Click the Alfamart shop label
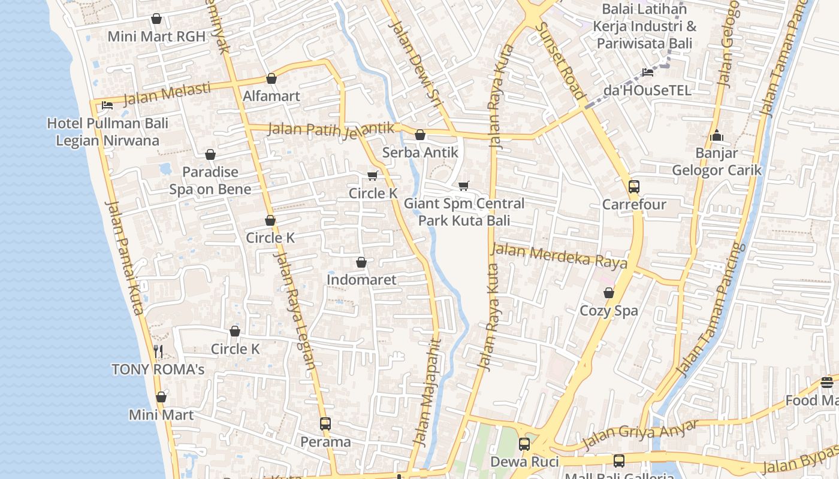(x=271, y=96)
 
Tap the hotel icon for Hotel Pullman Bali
(x=107, y=105)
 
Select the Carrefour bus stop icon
(x=634, y=186)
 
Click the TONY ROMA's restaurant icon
(x=158, y=351)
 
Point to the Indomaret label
(x=361, y=280)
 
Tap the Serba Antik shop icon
(x=420, y=135)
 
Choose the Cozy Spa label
(x=609, y=311)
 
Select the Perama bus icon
(x=325, y=424)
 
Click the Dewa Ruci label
(x=524, y=462)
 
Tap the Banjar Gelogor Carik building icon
(x=716, y=135)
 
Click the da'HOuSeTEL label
(x=647, y=90)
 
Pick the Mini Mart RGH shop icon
(x=156, y=19)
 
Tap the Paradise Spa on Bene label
(x=210, y=181)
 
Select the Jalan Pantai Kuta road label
(x=125, y=257)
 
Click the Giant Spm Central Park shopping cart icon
(x=463, y=186)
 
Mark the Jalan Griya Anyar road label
(x=641, y=434)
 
